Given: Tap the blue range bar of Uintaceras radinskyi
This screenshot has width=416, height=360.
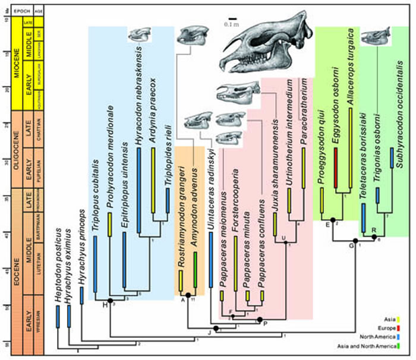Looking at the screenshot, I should [210, 264].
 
